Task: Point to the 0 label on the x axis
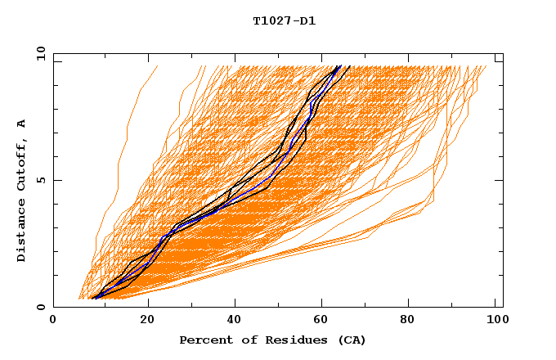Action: tap(53, 321)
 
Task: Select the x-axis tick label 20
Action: tap(147, 321)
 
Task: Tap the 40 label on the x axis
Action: tap(236, 321)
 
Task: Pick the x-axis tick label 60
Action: tap(325, 321)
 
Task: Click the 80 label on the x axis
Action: tap(414, 321)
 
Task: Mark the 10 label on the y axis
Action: tap(40, 53)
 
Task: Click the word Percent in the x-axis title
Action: tap(203, 340)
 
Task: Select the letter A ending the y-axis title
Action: tap(22, 123)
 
